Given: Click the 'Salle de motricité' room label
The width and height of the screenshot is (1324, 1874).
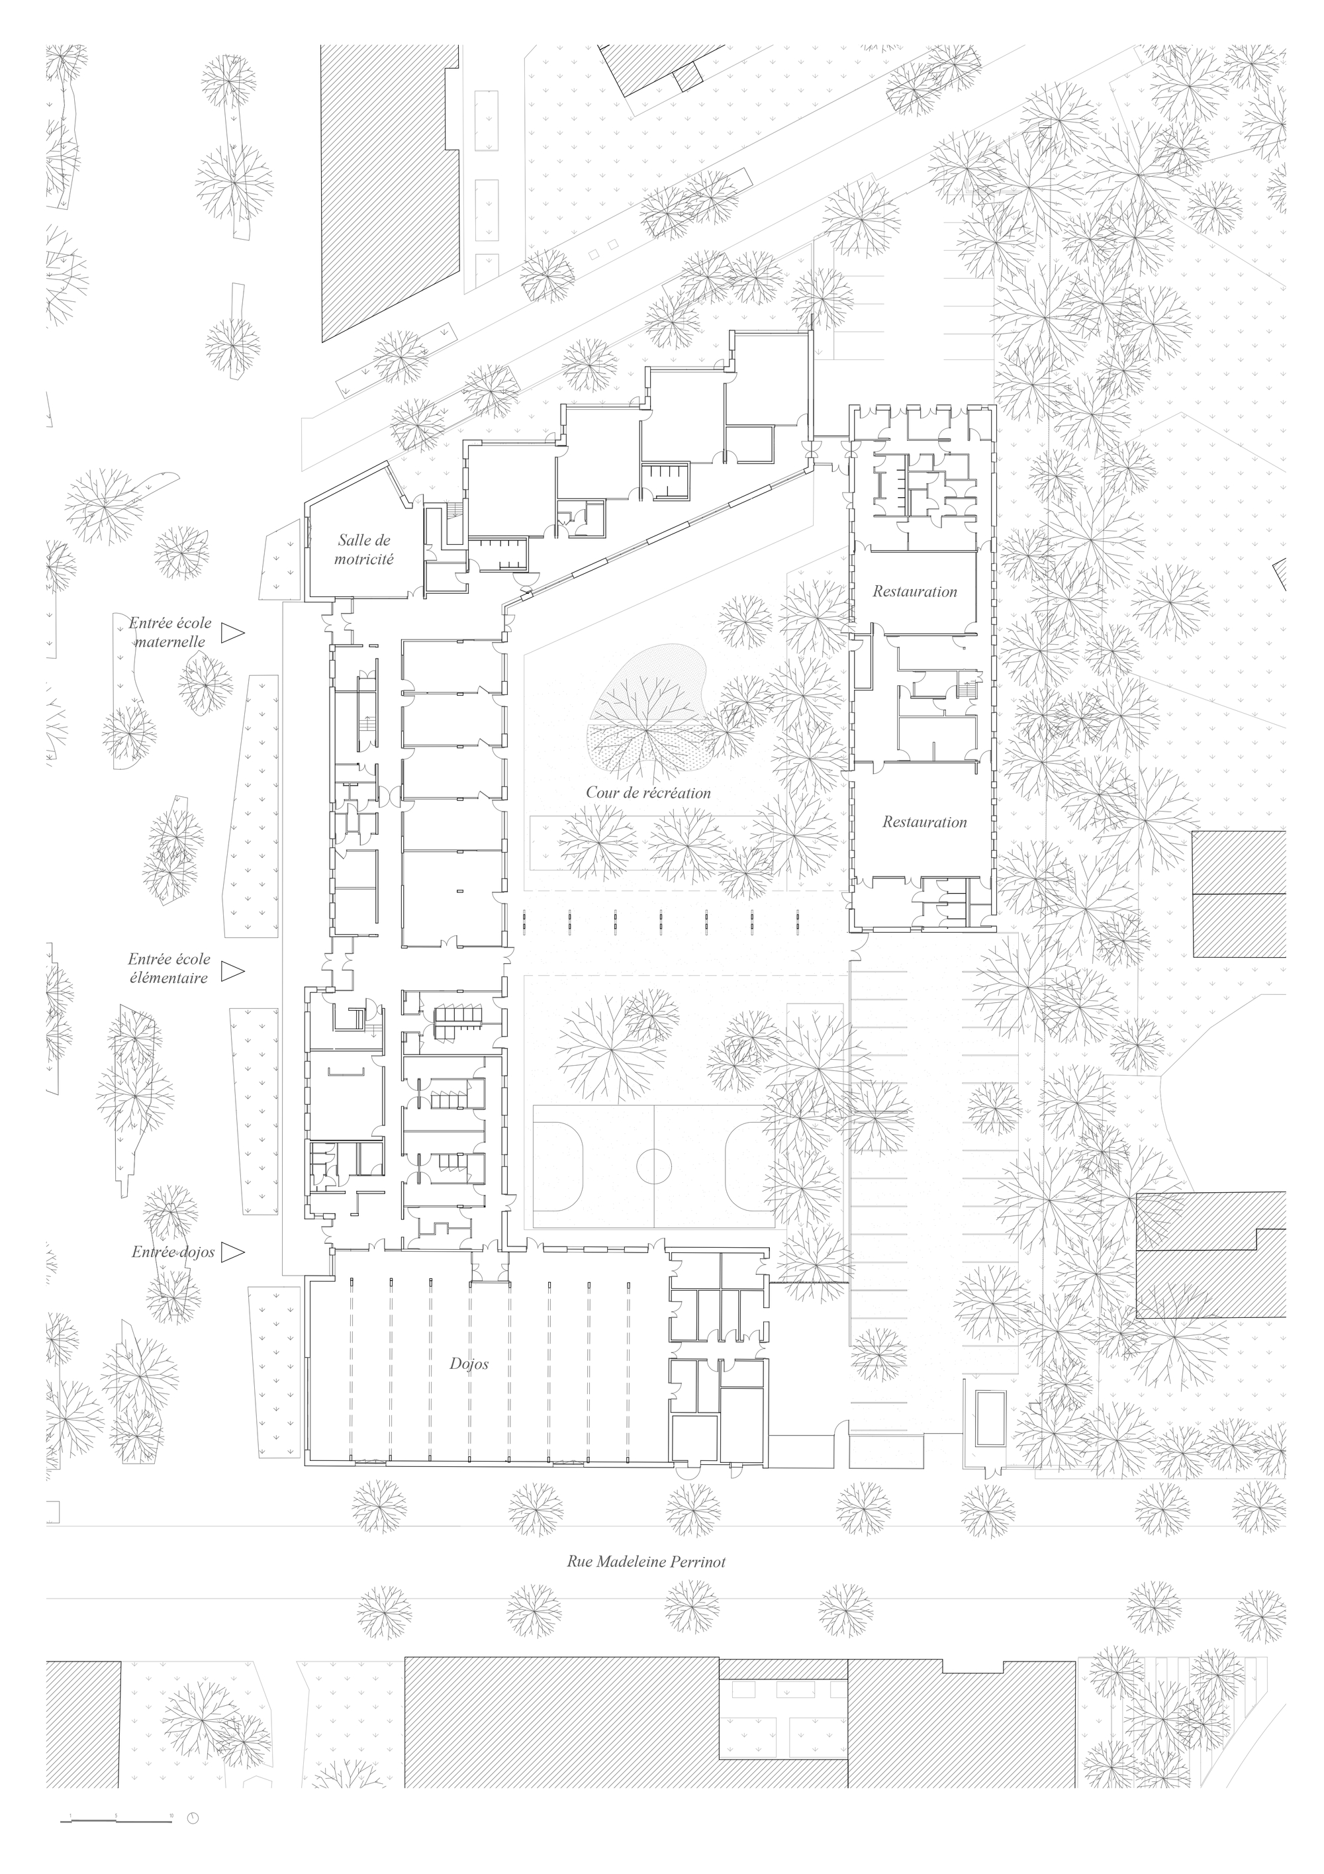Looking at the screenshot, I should pos(364,549).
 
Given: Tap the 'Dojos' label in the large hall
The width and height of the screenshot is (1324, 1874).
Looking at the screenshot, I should pos(469,1363).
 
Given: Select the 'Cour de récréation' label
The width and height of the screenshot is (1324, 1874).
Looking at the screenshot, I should pos(648,792).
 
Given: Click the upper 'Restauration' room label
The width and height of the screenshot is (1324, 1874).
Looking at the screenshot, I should pos(914,592).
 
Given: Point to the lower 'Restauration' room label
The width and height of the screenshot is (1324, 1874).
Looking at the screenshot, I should pos(924,822).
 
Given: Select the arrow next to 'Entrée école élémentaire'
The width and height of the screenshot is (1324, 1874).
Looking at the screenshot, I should pos(234,970).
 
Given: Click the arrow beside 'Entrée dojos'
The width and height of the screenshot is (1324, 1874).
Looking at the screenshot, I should pos(234,1251).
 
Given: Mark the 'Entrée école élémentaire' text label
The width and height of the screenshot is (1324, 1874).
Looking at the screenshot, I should pos(168,968).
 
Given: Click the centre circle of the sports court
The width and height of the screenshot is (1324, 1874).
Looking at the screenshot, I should pos(654,1166).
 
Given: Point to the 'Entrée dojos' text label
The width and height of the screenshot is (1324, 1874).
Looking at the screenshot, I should pos(173,1252).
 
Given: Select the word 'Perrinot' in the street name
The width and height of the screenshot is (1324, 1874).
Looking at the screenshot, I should pos(698,1562).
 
